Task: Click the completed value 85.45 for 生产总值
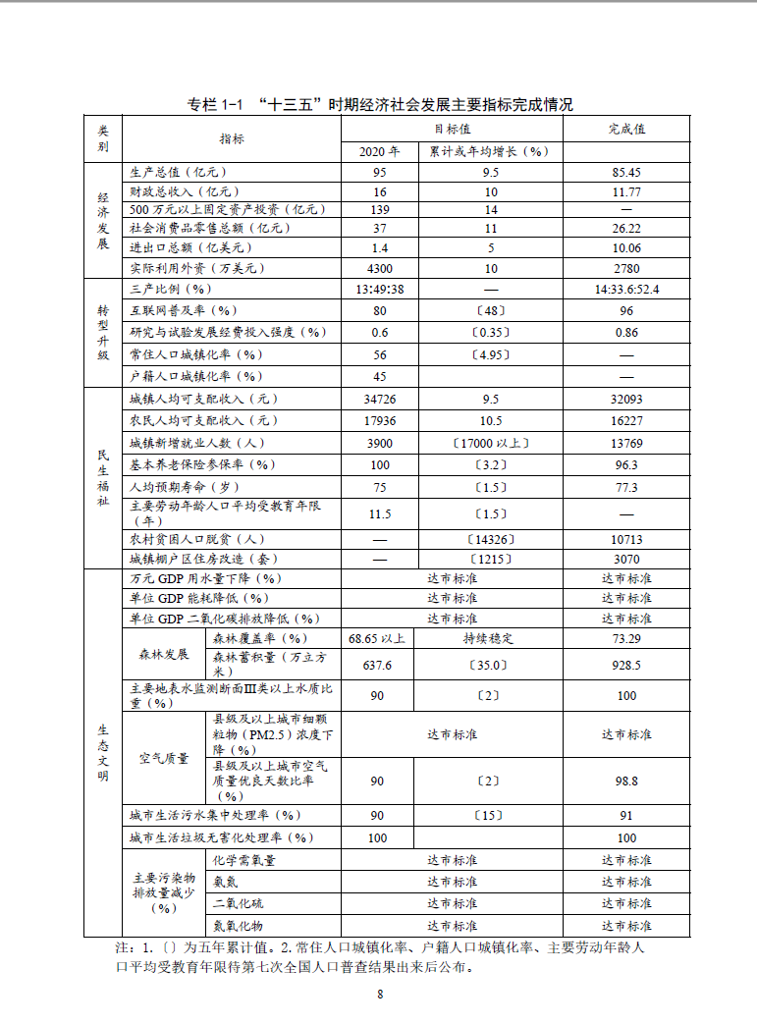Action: (626, 172)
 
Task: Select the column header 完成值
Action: (626, 129)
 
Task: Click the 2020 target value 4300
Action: (379, 268)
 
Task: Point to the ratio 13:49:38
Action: (379, 290)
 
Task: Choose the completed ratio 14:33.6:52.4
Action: (626, 290)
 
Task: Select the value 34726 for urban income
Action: (379, 400)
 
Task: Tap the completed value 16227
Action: (626, 420)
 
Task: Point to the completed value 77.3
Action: (626, 487)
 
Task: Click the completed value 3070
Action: (626, 559)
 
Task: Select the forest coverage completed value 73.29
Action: (626, 638)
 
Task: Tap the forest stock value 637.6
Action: (377, 665)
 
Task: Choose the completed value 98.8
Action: (626, 781)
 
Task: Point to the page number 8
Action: (379, 994)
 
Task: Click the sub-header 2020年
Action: (379, 151)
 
